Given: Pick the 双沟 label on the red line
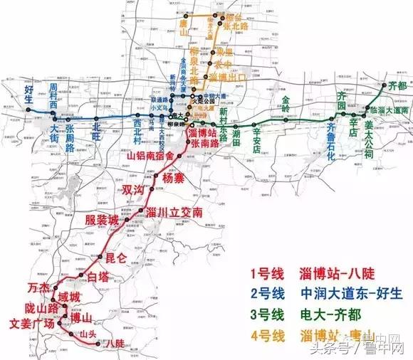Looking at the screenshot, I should (x=133, y=190).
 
